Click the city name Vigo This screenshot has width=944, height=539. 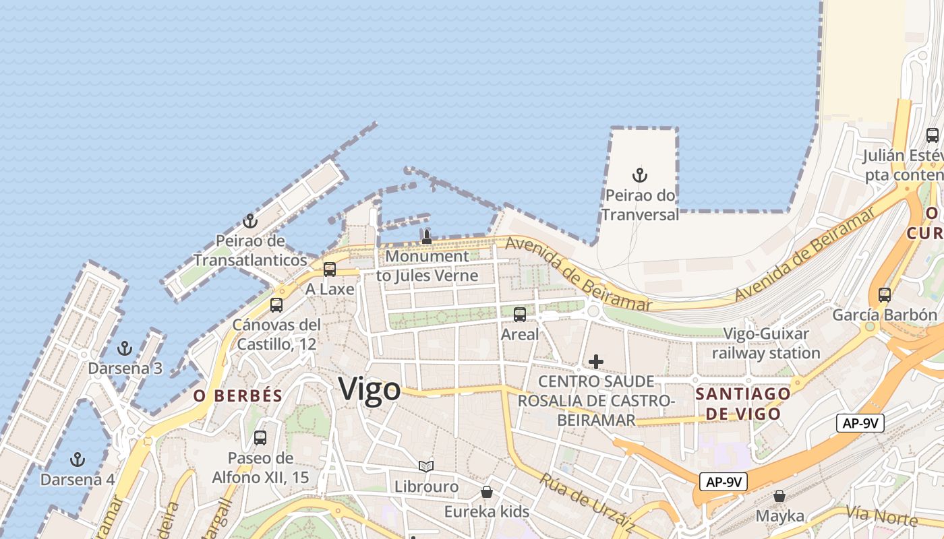click(370, 389)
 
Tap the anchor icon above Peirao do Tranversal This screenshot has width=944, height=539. click(639, 176)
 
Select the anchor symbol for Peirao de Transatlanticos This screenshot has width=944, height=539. click(250, 221)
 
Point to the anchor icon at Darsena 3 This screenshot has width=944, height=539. click(125, 349)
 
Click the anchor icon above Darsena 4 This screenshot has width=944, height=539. click(78, 459)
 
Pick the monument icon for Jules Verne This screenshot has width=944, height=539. click(426, 236)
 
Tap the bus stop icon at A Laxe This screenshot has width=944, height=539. click(330, 269)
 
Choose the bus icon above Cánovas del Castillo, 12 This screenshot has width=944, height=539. click(276, 305)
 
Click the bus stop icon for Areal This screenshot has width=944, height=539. click(520, 315)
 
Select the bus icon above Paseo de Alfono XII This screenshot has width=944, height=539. click(260, 438)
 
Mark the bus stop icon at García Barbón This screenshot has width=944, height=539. click(885, 295)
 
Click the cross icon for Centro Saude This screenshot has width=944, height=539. click(596, 362)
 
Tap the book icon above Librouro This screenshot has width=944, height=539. click(426, 466)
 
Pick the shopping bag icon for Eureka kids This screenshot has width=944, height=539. click(487, 492)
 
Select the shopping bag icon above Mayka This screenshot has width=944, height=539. click(780, 496)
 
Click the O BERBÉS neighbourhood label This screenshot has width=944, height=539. click(237, 395)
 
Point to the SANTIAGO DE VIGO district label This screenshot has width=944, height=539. click(742, 403)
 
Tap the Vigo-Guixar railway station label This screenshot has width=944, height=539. click(766, 343)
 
